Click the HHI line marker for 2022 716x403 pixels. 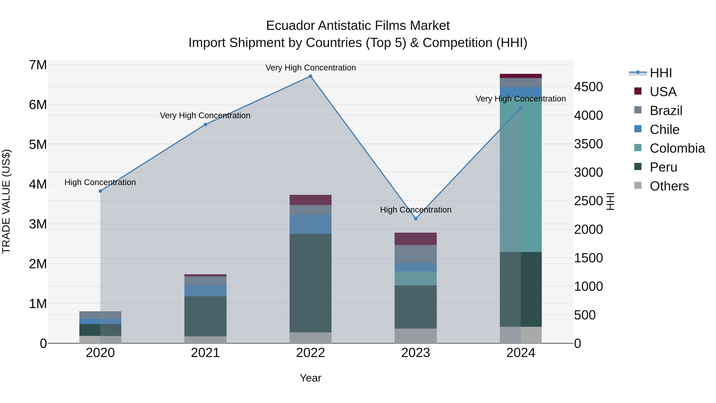(310, 76)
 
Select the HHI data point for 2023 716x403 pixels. (415, 219)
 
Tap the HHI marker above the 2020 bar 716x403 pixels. (100, 191)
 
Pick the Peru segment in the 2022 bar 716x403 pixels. (310, 283)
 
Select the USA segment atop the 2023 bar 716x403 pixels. (415, 239)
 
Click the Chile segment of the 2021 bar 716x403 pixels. (205, 290)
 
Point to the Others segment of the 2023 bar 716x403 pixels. (415, 336)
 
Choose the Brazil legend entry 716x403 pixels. (666, 111)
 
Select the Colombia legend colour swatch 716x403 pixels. (638, 148)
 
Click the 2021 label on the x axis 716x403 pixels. (205, 353)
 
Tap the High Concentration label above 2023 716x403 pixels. (415, 210)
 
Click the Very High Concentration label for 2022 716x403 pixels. (310, 68)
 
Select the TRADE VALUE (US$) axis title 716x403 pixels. (6, 201)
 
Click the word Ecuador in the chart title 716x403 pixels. (290, 26)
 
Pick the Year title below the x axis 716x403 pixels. (310, 378)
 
